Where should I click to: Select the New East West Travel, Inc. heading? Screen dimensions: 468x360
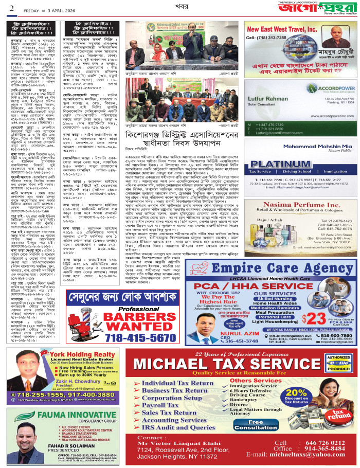[x=278, y=30]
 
